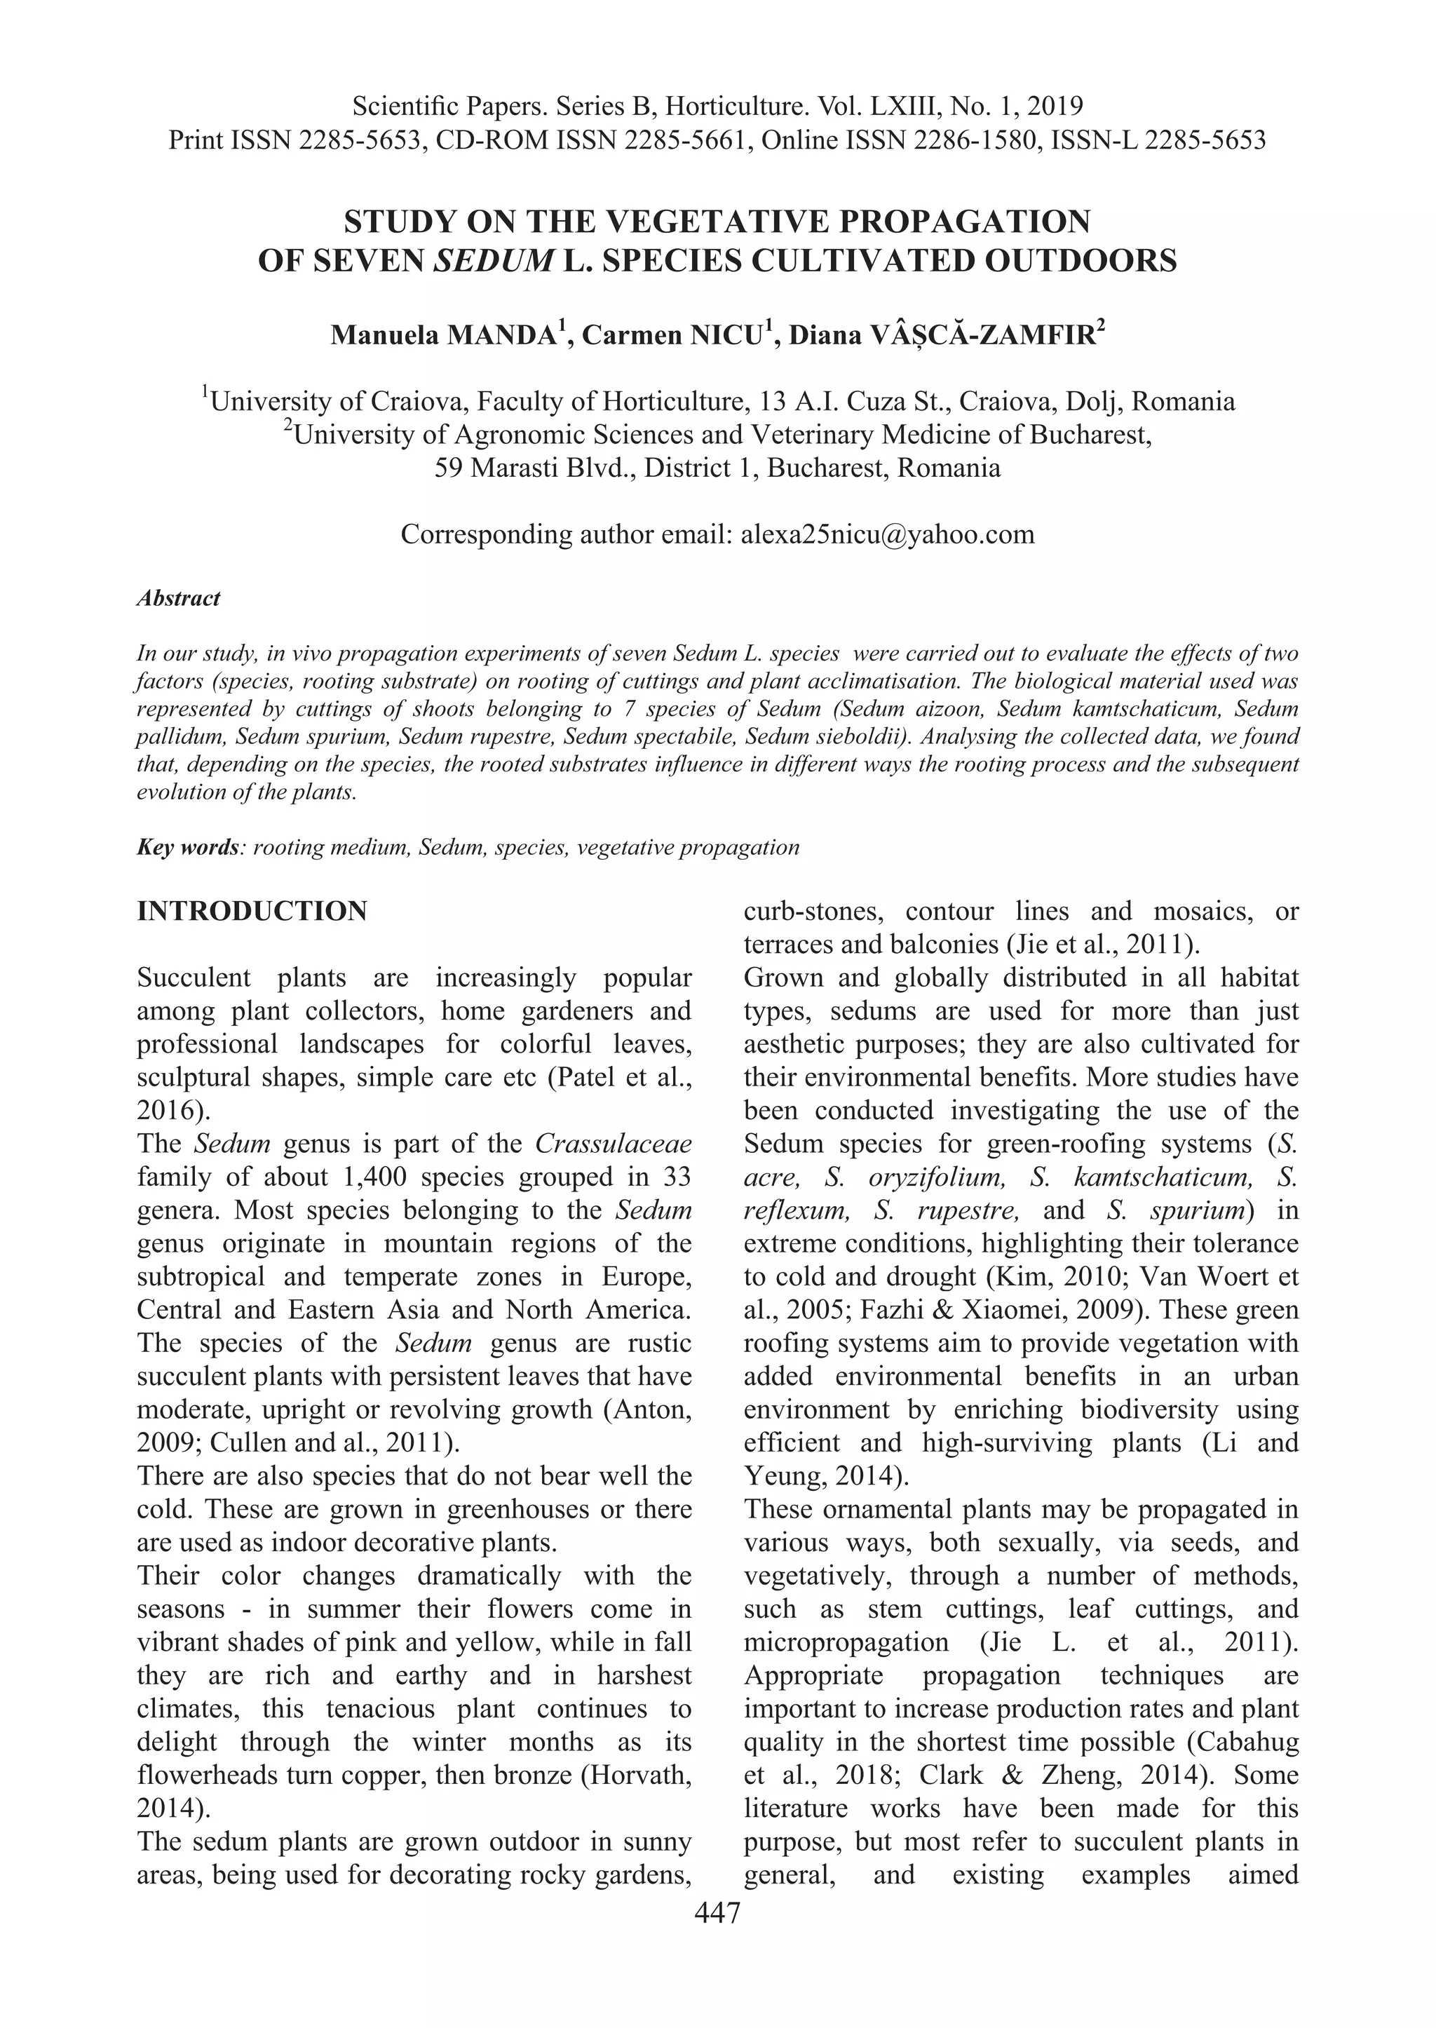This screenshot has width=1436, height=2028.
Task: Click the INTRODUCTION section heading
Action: (x=252, y=912)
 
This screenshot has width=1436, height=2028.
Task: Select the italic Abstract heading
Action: (x=179, y=599)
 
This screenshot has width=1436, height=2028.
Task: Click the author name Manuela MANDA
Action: (x=447, y=335)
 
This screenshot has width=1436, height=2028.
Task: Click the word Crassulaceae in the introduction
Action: (x=614, y=1144)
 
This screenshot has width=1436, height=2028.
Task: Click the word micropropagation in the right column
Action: (x=846, y=1642)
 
